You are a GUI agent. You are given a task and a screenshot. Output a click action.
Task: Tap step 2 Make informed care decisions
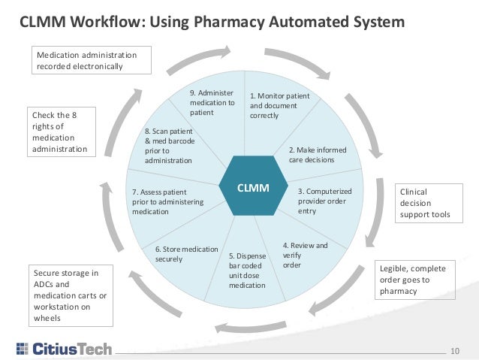pos(317,155)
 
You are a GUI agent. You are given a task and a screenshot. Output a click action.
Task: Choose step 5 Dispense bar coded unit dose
pos(247,270)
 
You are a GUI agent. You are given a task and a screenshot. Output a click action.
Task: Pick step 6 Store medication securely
pos(186,254)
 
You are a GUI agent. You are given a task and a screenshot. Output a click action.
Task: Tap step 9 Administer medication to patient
pos(212,102)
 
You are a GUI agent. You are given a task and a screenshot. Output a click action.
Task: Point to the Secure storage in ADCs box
pos(71,295)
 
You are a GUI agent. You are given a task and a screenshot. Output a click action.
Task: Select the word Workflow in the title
pos(105,23)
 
